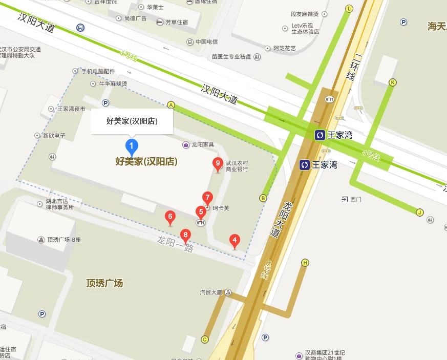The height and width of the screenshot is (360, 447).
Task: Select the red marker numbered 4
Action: tap(235, 240)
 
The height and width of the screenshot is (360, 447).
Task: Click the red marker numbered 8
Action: tap(185, 236)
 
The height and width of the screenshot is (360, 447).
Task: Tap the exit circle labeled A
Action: tap(172, 105)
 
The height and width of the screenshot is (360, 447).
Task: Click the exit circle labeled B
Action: tap(263, 198)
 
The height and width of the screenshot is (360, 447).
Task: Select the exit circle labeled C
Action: tap(205, 339)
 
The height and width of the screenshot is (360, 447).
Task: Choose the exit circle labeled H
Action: tap(305, 263)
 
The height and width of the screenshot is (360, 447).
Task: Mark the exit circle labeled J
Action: tap(420, 213)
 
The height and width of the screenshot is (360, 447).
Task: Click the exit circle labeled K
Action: tap(393, 82)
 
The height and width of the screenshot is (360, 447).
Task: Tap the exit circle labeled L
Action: tap(349, 9)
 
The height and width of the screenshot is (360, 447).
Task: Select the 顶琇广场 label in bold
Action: tap(104, 283)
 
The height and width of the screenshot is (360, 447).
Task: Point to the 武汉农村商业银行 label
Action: tap(237, 165)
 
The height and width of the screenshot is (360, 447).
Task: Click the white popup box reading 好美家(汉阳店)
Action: tap(132, 121)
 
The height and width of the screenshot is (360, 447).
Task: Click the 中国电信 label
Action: tap(206, 41)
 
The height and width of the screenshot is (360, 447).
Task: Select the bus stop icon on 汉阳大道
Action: tap(81, 27)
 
